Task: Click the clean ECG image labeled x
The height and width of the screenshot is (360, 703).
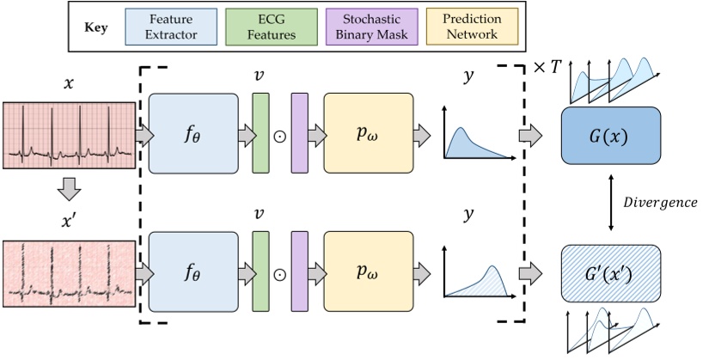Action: click(x=69, y=133)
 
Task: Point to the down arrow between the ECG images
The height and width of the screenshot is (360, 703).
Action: click(x=69, y=188)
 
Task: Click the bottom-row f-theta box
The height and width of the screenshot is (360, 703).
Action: click(x=194, y=273)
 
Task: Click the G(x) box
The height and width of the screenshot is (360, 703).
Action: click(x=610, y=136)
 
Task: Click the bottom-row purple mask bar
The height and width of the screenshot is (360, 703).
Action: click(x=300, y=273)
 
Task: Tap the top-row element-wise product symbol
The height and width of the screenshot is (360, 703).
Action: click(x=280, y=135)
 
